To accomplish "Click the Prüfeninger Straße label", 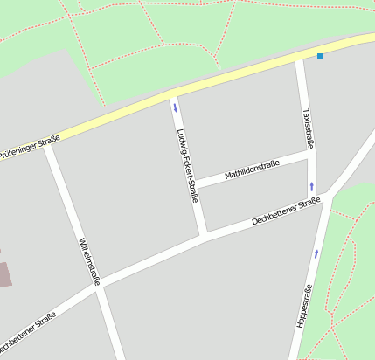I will [31, 147].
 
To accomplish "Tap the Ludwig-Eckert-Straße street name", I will [187, 166].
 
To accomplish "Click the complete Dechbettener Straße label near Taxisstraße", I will [286, 211].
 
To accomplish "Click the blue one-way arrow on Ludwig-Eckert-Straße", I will [175, 108].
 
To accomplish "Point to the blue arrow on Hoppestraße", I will [316, 254].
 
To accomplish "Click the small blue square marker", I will [320, 57].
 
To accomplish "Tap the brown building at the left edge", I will [4, 273].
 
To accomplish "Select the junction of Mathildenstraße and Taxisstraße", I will [310, 153].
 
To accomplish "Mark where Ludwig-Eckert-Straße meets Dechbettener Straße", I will [205, 236].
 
